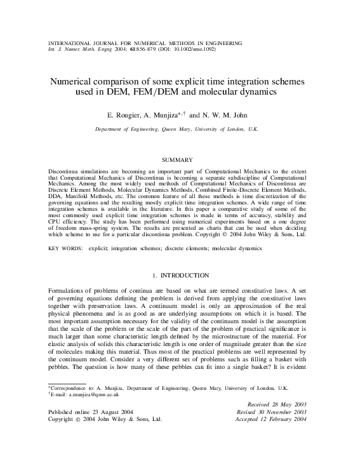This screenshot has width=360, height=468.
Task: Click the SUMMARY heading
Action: click(x=180, y=160)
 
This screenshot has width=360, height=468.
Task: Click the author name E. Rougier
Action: click(x=131, y=117)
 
